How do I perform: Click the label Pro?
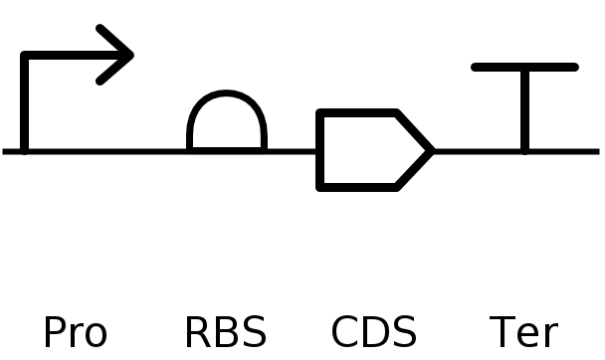click(75, 333)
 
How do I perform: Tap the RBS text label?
click(226, 333)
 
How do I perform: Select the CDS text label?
click(374, 333)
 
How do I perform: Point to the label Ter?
click(523, 333)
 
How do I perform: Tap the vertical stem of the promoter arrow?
click(25, 104)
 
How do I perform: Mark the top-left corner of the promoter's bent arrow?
click(25, 56)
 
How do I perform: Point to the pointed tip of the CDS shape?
click(431, 151)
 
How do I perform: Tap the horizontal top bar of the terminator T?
click(524, 68)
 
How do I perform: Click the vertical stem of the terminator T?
click(524, 109)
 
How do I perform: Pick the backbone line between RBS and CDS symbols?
click(291, 151)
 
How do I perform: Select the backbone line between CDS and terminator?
click(478, 151)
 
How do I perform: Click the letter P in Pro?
click(52, 333)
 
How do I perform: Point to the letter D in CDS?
click(374, 333)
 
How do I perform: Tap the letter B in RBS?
click(226, 333)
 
